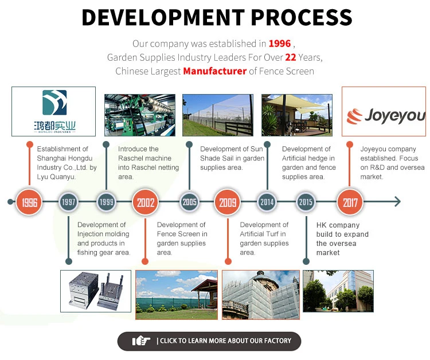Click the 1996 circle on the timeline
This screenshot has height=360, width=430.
29,202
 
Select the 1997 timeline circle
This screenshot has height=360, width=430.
69,202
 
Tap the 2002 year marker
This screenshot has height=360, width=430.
146,202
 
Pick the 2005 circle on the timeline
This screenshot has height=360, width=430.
190,202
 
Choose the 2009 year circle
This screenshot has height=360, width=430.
228,202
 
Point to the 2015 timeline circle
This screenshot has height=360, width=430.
306,202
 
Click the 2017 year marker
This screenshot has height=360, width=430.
350,202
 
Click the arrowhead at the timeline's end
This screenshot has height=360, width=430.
397,202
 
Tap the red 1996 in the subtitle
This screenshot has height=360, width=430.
279,44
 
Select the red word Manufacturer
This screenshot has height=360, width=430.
215,71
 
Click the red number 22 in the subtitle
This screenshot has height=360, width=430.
291,57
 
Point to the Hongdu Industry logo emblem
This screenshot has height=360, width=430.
54,102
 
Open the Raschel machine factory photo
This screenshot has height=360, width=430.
140,115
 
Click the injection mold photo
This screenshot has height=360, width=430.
96,291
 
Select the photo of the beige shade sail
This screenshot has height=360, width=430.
297,115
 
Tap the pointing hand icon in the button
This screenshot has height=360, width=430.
141,341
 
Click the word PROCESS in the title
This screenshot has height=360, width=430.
302,17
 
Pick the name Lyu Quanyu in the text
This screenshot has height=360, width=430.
56,177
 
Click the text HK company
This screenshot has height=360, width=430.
338,225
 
